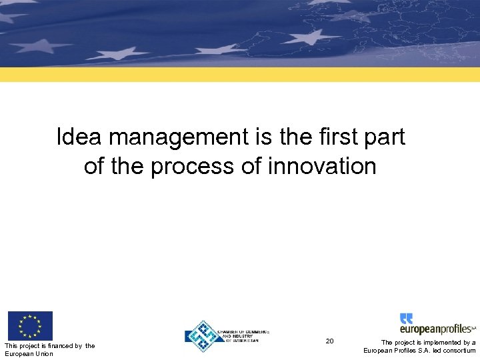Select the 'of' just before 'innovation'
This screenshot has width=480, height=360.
251,166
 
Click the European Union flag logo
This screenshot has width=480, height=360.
30,326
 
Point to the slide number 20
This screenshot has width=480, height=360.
329,341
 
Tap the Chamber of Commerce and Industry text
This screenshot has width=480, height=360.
239,337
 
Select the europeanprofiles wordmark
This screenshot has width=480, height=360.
436,329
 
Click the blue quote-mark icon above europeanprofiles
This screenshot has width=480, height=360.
406,318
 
